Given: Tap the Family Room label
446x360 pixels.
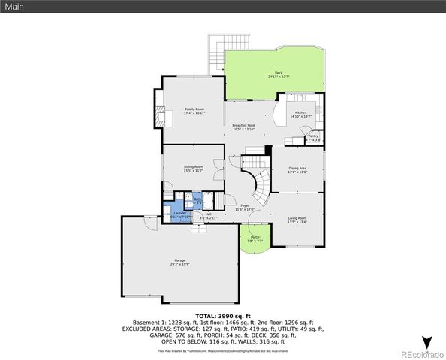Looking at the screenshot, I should click(195, 111).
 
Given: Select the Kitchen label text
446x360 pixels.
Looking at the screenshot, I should click(300, 114).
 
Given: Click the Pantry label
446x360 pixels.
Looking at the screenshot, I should click(313, 137).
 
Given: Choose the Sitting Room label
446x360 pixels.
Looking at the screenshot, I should click(194, 169).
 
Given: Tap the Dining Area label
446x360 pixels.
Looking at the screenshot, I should click(297, 170).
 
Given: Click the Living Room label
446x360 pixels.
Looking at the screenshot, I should click(297, 220).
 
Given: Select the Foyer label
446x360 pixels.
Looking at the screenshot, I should click(245, 207).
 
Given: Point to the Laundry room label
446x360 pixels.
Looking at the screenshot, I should click(180, 214).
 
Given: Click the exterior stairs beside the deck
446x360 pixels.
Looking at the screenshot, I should click(215, 52).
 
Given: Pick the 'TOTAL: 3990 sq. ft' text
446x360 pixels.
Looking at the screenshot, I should click(223, 316).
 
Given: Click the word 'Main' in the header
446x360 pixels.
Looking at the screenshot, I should click(16, 6).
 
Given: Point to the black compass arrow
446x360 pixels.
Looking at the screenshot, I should click(426, 342).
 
